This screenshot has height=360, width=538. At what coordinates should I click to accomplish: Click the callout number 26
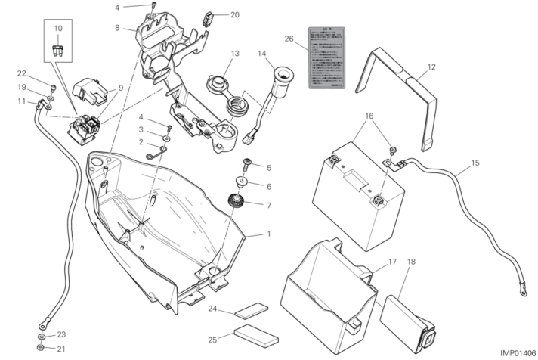289,39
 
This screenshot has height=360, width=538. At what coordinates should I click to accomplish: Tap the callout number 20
234,14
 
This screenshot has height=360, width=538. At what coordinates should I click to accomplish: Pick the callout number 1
268,234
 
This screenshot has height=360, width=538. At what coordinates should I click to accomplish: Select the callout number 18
412,262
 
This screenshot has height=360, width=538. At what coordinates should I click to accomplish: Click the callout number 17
392,262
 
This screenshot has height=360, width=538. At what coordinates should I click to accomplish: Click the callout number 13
235,54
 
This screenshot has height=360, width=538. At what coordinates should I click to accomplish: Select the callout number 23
61,334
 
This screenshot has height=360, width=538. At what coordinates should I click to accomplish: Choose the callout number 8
117,28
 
